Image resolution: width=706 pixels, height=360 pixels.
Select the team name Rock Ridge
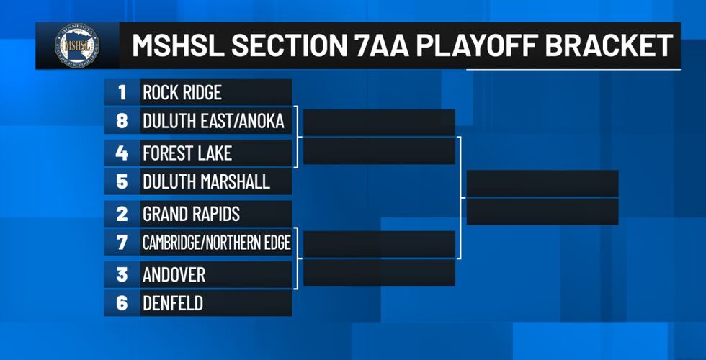click(x=182, y=93)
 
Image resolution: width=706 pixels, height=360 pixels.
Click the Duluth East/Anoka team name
click(x=213, y=122)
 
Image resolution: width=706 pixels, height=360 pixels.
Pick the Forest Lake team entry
click(x=187, y=153)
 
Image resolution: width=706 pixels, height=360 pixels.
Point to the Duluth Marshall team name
click(x=206, y=182)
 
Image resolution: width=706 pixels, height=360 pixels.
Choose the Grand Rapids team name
click(x=191, y=214)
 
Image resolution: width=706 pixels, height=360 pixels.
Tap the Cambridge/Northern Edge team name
click(x=216, y=243)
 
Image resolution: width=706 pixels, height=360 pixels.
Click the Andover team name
click(x=174, y=274)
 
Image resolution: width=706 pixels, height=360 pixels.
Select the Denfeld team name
click(x=172, y=304)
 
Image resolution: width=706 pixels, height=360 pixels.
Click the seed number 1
click(x=122, y=93)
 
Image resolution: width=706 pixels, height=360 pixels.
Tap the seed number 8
click(x=122, y=122)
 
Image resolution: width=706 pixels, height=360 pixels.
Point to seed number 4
click(x=122, y=153)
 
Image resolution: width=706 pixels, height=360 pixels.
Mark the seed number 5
click(x=122, y=182)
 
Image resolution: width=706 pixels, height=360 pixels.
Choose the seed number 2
click(x=122, y=214)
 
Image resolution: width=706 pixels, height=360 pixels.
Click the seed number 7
click(x=122, y=243)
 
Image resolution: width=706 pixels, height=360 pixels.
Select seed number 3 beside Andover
click(x=122, y=274)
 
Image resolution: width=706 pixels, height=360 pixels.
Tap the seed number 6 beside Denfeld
click(x=122, y=304)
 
